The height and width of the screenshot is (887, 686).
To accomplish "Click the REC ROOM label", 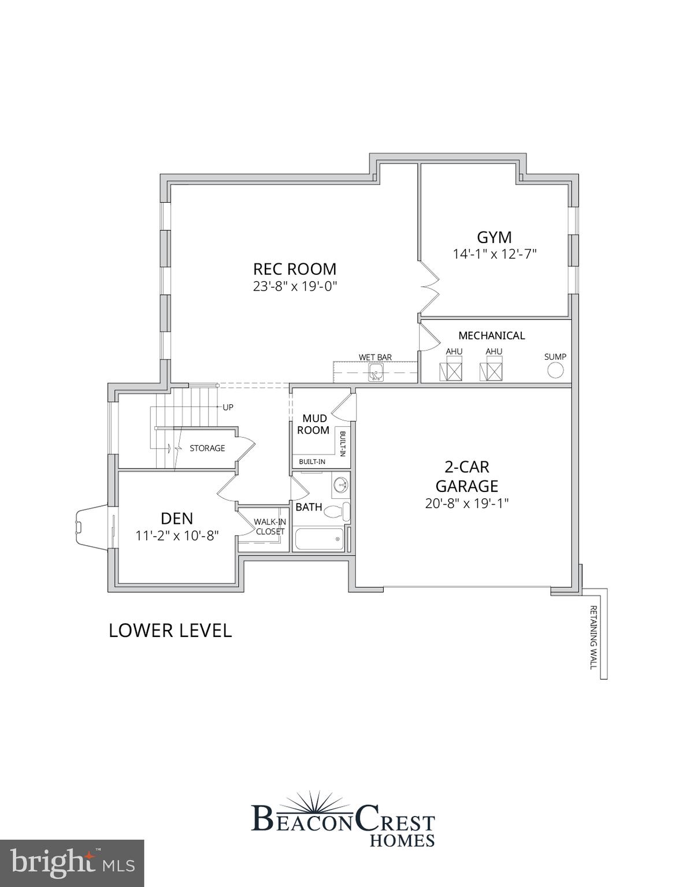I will point(295,269).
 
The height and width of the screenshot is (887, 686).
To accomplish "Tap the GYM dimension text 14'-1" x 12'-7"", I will point(495,254).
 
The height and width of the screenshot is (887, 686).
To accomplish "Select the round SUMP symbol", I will point(555,371).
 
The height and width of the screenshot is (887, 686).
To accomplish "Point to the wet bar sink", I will point(376,373).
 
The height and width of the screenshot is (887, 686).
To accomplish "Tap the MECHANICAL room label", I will point(491,336).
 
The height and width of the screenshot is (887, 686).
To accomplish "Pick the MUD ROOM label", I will point(314,424).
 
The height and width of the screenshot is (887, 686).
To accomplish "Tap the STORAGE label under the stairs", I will point(207,448).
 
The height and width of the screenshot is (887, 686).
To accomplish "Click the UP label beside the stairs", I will point(228,407).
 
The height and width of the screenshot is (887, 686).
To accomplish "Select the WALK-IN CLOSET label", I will point(269,527).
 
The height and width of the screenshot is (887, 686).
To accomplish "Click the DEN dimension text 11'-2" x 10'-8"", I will point(177,536).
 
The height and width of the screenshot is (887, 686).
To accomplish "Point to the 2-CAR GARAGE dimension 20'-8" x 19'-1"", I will point(466,504).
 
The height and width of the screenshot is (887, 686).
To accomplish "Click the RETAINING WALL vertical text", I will point(592,636).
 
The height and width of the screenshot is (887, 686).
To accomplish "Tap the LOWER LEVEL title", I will point(170,630).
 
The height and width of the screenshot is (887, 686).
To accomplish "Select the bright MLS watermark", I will point(72,863).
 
